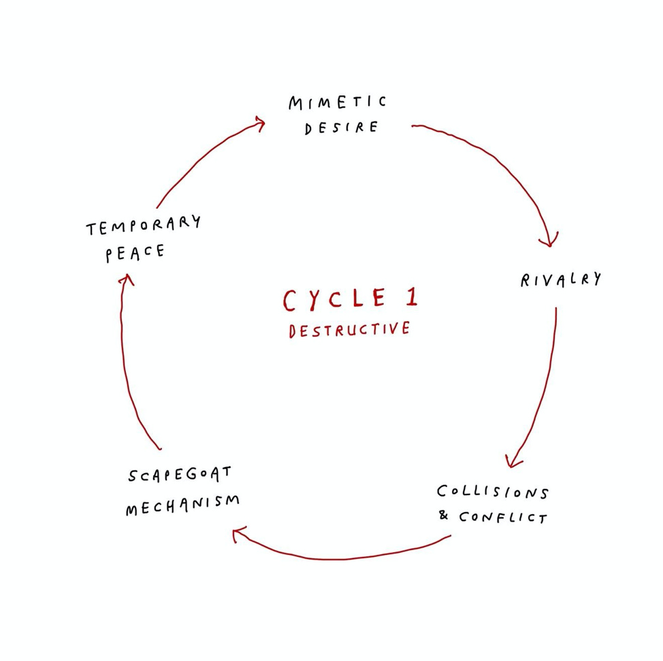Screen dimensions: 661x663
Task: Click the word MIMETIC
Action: (337, 103)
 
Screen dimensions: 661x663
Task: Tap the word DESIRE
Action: (341, 128)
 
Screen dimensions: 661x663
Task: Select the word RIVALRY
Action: (561, 279)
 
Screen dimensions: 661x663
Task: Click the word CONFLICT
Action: (502, 518)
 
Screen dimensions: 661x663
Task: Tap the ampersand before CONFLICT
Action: (444, 515)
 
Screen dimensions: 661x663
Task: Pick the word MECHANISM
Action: (182, 505)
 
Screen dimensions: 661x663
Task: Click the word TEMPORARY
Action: (144, 226)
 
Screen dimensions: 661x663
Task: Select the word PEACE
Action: (135, 253)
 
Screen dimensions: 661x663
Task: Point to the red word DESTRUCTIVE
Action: (349, 330)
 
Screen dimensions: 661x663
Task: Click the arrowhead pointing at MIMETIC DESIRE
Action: (259, 122)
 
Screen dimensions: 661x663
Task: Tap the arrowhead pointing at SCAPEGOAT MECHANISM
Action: (238, 536)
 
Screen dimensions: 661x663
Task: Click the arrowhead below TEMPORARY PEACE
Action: (124, 279)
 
